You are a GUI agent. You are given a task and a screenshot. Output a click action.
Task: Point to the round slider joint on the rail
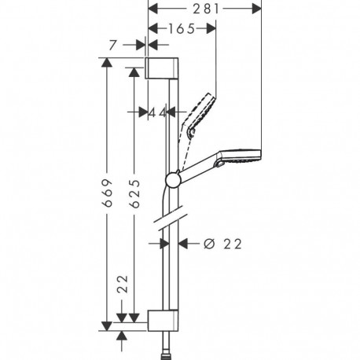[172, 179]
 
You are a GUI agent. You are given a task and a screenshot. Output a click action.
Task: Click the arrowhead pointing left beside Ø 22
[186, 244]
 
